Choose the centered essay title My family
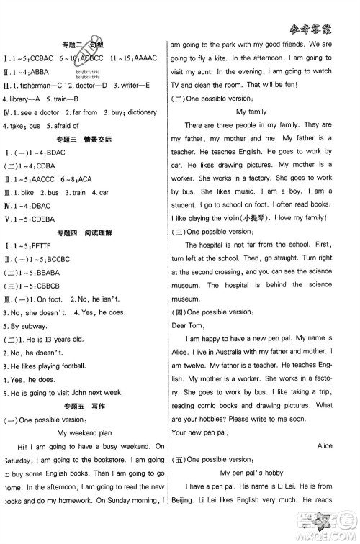251,112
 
